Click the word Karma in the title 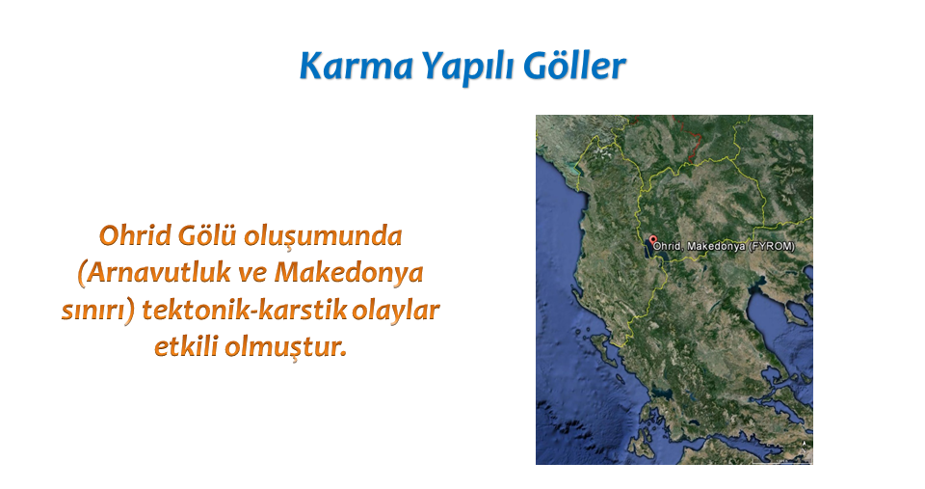pos(357,66)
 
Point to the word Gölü pos(207,235)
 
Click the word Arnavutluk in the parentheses pos(154,273)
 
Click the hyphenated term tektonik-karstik pos(244,310)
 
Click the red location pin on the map pos(652,241)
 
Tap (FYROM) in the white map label pos(772,246)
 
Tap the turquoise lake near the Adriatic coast pos(573,169)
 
